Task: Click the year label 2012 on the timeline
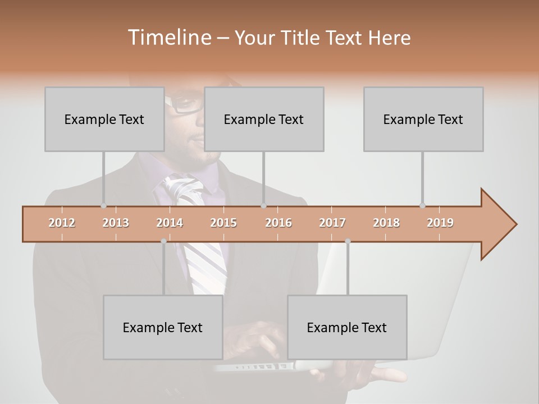62,223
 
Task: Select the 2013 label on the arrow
116,223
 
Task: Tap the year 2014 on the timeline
170,223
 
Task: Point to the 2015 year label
223,223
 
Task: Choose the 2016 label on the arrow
278,223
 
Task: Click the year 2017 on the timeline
332,223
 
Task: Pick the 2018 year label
386,223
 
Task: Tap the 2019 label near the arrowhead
440,223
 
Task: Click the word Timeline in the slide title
168,38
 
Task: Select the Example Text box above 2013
104,119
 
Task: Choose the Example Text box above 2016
264,119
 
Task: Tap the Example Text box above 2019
423,119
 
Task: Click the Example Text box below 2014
163,327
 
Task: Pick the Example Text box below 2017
347,327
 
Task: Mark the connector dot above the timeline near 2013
103,205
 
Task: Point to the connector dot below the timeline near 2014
163,241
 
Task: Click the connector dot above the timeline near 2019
422,205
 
